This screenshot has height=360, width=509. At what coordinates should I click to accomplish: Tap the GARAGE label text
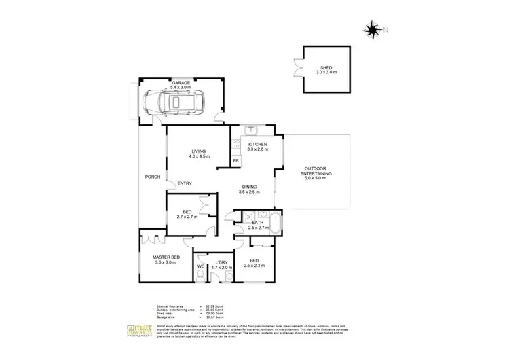click(x=181, y=82)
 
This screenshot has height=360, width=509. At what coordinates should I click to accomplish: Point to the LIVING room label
click(x=199, y=151)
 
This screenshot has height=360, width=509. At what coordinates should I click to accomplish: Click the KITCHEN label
click(x=258, y=144)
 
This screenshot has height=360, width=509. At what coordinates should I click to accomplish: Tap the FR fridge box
click(x=235, y=160)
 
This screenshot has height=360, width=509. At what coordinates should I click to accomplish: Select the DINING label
click(x=250, y=187)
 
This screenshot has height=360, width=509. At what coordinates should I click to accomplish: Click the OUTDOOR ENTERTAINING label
click(x=316, y=171)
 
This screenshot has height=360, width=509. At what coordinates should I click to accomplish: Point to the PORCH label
click(x=153, y=177)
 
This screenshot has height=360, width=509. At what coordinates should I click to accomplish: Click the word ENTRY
click(x=184, y=183)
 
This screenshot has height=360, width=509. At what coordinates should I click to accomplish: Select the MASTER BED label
click(x=166, y=256)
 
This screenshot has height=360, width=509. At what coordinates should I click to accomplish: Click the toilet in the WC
click(x=201, y=258)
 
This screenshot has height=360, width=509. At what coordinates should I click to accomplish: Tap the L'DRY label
click(x=222, y=262)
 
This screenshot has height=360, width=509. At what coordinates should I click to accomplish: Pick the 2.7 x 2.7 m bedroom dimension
click(x=186, y=217)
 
